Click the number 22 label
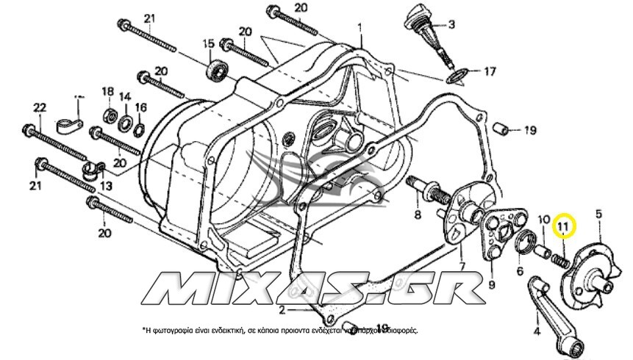(x=40, y=107)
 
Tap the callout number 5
(x=598, y=214)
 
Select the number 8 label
(x=417, y=215)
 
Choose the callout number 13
(x=105, y=187)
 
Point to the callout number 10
(x=544, y=219)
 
